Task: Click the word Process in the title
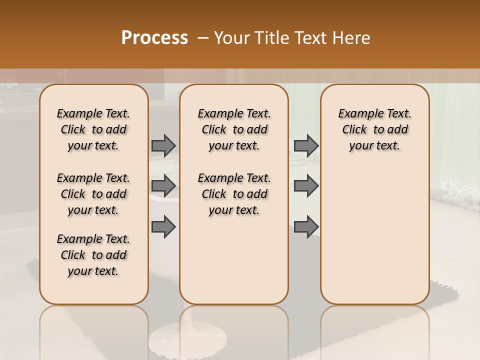tap(154, 37)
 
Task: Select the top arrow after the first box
tap(163, 145)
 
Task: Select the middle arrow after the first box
tap(163, 186)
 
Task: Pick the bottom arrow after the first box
tap(163, 226)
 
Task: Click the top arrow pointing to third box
tap(306, 145)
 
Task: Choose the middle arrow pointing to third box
tap(306, 186)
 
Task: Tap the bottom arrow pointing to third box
tap(306, 226)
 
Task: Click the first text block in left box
tap(93, 129)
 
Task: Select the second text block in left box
tap(93, 194)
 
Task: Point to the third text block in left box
tap(93, 255)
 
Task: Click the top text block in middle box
tap(234, 129)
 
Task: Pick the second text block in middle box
tap(234, 194)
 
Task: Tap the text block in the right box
tap(374, 129)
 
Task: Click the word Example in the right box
tap(356, 113)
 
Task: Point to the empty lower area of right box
tap(374, 230)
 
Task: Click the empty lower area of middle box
tap(234, 260)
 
